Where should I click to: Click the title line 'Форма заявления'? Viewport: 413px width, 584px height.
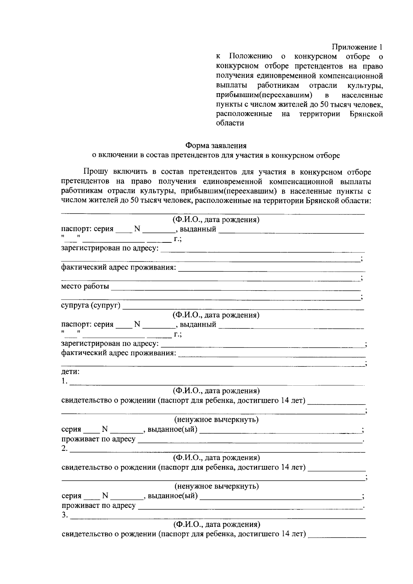216,146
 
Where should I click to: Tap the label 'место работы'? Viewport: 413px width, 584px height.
85,286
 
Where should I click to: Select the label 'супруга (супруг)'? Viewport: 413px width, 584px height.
91,305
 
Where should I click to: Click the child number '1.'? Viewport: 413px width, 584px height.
64,382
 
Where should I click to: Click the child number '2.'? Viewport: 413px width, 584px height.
64,448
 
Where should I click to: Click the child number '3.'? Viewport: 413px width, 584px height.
64,515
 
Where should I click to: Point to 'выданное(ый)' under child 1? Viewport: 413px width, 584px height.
173,429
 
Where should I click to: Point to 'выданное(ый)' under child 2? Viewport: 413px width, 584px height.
173,496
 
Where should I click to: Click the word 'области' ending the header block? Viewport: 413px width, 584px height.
230,123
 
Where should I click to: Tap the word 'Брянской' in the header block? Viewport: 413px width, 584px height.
366,114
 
